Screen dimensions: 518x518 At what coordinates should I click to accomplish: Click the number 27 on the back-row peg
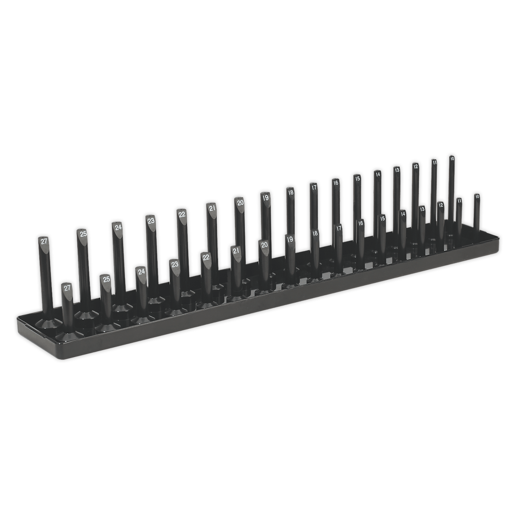[x=44, y=242]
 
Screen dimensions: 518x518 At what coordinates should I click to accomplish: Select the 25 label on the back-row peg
[x=82, y=234]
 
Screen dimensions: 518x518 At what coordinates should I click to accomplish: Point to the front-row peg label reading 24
[x=141, y=272]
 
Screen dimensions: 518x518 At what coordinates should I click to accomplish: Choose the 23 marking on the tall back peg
[x=151, y=221]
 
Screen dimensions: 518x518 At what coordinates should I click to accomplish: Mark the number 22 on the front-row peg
[x=206, y=257]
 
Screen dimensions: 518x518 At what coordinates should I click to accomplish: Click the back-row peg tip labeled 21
[x=212, y=208]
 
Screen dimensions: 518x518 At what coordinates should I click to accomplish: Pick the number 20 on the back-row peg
[x=240, y=202]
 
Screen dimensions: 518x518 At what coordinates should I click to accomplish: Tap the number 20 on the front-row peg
[x=265, y=245]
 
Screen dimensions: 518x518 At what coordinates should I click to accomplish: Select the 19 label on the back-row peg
[x=265, y=197]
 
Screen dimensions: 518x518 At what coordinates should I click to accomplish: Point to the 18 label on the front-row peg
[x=315, y=233]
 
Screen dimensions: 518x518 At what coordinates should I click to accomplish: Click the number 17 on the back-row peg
[x=314, y=187]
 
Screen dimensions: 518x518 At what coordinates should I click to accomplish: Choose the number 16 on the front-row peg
[x=361, y=223]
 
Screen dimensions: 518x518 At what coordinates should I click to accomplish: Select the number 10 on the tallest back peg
[x=452, y=159]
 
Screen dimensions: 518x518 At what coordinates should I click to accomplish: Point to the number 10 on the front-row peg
[x=477, y=196]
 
